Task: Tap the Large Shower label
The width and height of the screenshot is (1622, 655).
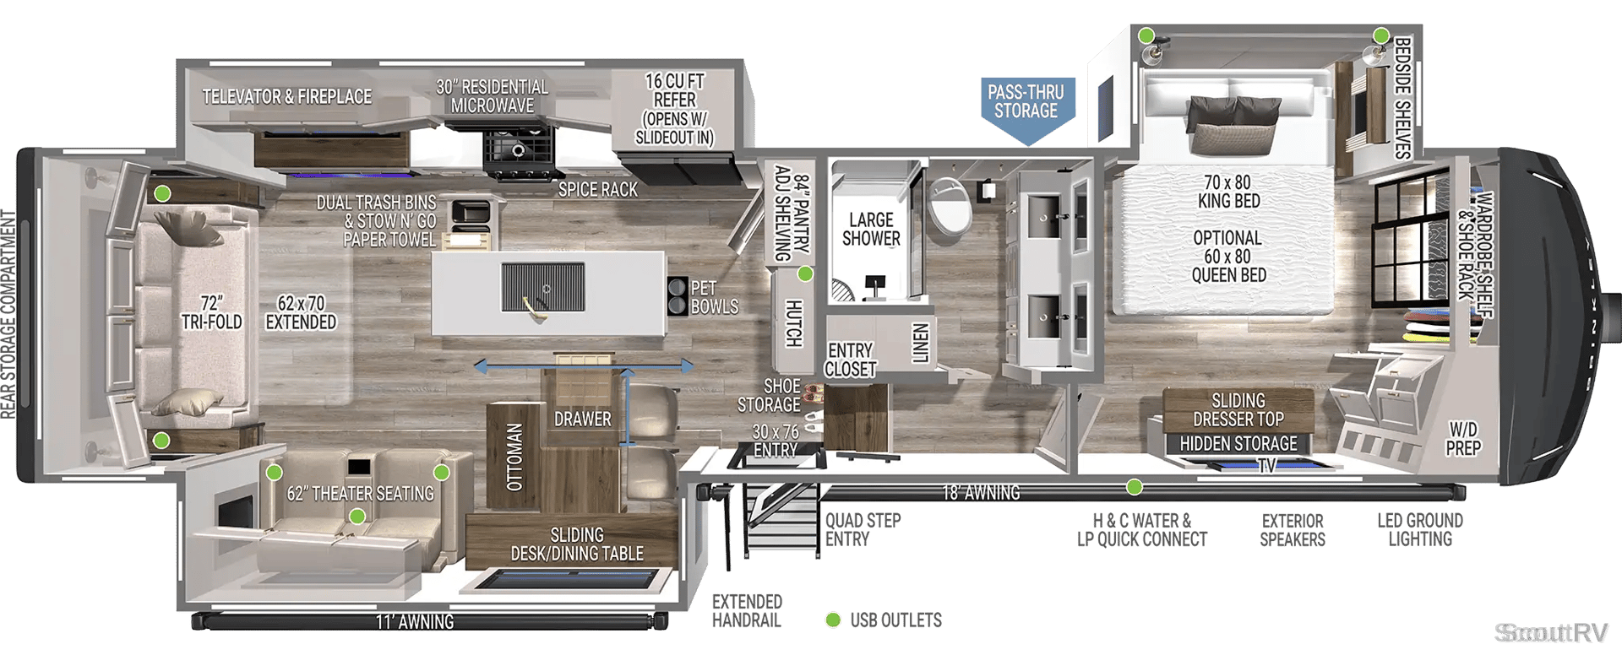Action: click(871, 230)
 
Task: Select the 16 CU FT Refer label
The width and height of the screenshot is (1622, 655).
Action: click(674, 109)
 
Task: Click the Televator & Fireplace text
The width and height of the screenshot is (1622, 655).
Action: click(287, 97)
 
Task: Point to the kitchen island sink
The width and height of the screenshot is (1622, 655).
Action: click(542, 288)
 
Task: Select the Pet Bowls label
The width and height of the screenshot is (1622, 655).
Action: click(715, 297)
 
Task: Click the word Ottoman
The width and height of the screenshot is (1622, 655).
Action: click(514, 457)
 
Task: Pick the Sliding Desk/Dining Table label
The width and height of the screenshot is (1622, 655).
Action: click(577, 544)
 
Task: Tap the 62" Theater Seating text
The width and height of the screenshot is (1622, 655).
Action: click(361, 494)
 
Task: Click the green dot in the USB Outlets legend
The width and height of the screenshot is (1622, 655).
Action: click(833, 620)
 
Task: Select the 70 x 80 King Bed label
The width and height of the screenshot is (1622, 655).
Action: click(1229, 192)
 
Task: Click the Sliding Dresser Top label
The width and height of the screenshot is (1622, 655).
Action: click(1238, 410)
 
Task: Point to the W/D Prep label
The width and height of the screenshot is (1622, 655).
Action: click(1463, 439)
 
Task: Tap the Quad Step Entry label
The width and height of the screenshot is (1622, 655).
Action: click(863, 530)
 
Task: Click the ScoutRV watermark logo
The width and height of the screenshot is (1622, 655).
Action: click(1551, 632)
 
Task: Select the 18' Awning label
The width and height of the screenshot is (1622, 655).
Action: click(981, 493)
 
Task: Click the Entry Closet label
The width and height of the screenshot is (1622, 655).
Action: click(851, 360)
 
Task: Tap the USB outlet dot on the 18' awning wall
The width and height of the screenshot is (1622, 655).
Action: click(1135, 487)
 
